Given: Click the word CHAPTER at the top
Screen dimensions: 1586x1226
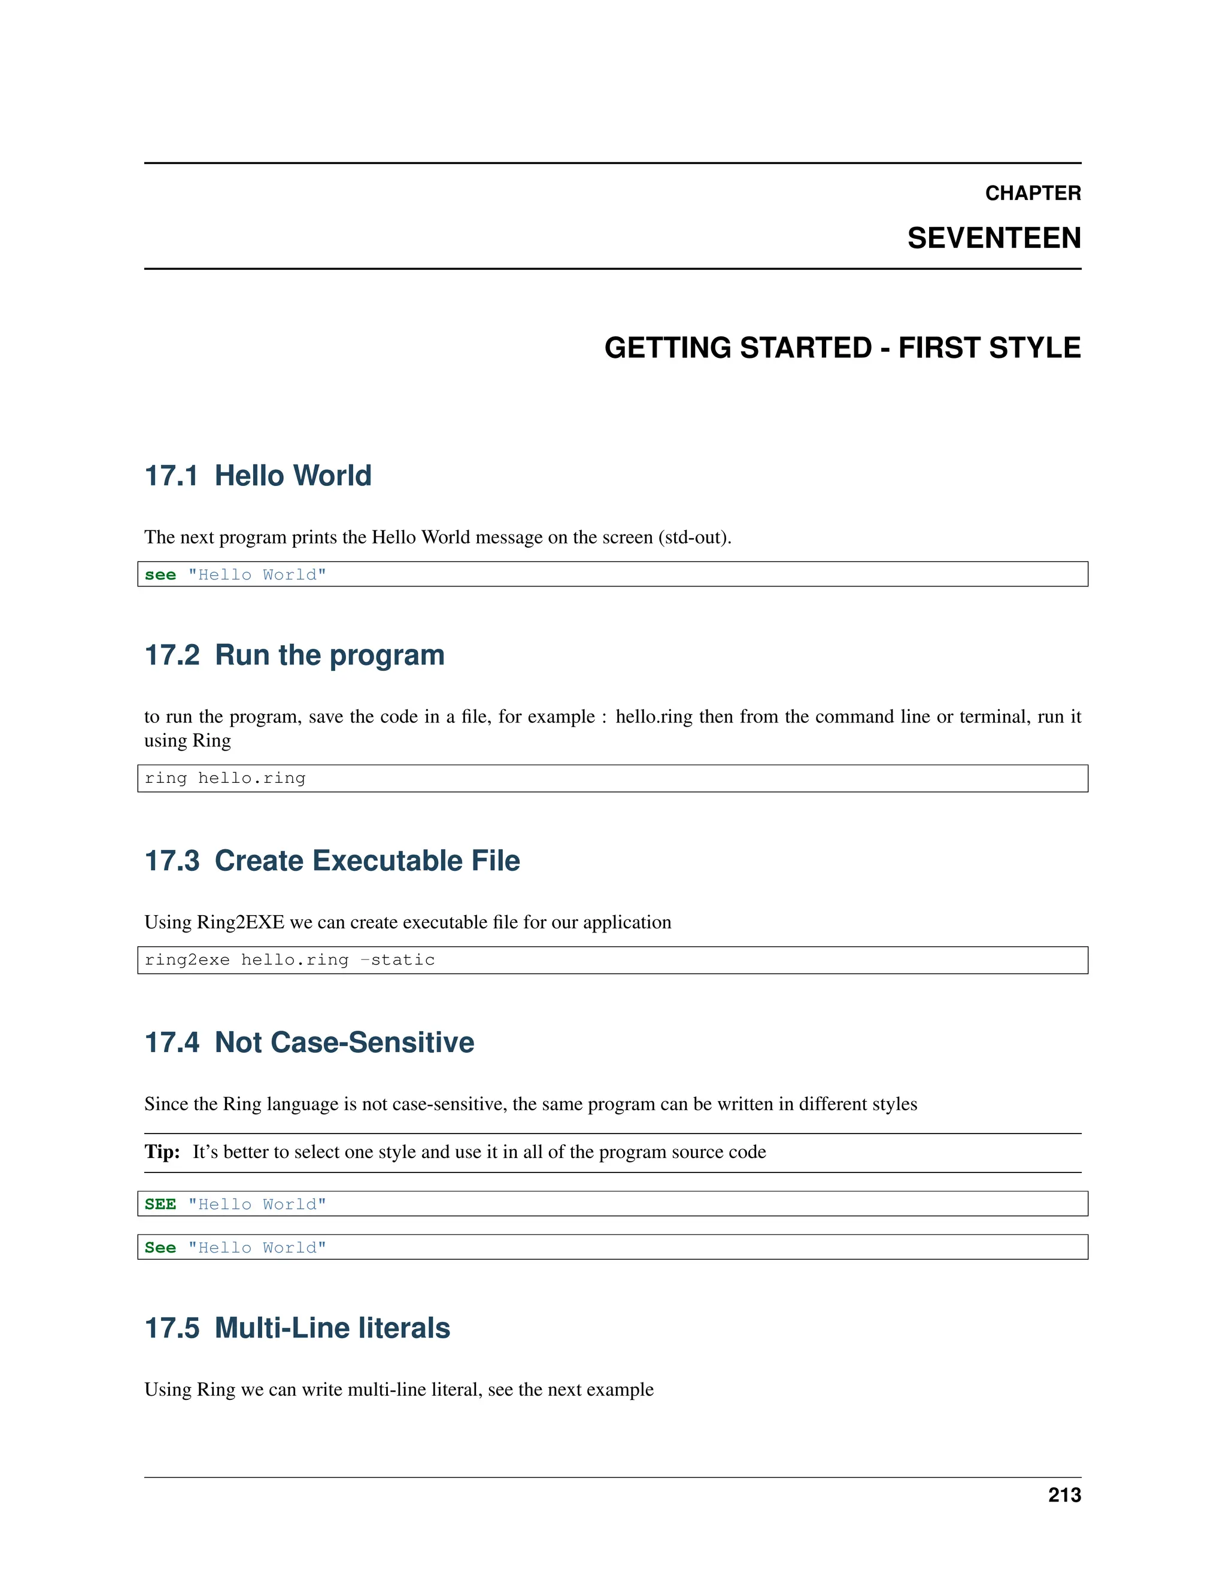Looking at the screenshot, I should pyautogui.click(x=1032, y=193).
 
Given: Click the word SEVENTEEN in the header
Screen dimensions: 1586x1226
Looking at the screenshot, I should pyautogui.click(x=994, y=238).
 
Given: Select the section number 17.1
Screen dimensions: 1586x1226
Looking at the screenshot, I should pyautogui.click(x=171, y=476).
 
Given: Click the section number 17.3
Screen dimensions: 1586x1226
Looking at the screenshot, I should pyautogui.click(x=171, y=861).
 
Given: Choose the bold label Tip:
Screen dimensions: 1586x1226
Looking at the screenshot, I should pyautogui.click(x=162, y=1151).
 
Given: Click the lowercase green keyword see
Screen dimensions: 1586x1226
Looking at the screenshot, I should pyautogui.click(x=160, y=575).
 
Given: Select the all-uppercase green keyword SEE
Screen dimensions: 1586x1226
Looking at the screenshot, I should pyautogui.click(x=160, y=1205).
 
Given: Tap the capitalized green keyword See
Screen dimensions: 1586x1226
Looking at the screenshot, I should pyautogui.click(x=160, y=1248).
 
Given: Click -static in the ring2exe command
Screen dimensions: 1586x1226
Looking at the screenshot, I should pyautogui.click(x=397, y=960).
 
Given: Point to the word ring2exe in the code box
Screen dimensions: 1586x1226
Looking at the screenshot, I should pyautogui.click(x=187, y=960).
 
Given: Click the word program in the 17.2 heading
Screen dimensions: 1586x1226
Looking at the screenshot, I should pyautogui.click(x=386, y=656).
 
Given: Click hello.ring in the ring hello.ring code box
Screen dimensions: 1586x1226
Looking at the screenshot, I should pyautogui.click(x=251, y=779).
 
